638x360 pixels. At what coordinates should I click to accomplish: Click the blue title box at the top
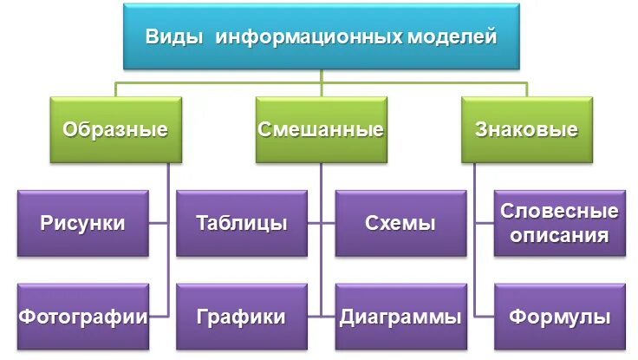(x=321, y=36)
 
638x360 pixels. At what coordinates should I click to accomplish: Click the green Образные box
(x=114, y=130)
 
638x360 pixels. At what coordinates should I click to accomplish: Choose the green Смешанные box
(x=321, y=130)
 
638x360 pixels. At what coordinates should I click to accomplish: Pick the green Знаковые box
(x=526, y=130)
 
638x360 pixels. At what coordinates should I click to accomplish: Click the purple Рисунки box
(x=82, y=223)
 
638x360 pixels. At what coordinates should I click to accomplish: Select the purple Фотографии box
(x=82, y=316)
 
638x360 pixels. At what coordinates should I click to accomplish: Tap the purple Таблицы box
(x=242, y=223)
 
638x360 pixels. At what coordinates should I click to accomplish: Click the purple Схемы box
(x=399, y=223)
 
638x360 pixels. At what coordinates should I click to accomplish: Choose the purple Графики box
(x=242, y=316)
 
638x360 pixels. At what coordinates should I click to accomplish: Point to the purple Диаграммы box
(x=399, y=316)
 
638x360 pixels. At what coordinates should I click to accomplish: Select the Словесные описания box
(x=559, y=223)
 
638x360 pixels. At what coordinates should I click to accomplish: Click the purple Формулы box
(x=559, y=316)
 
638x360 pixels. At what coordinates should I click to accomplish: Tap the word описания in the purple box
(x=559, y=235)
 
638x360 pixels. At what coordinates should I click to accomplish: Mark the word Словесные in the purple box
(x=559, y=212)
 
